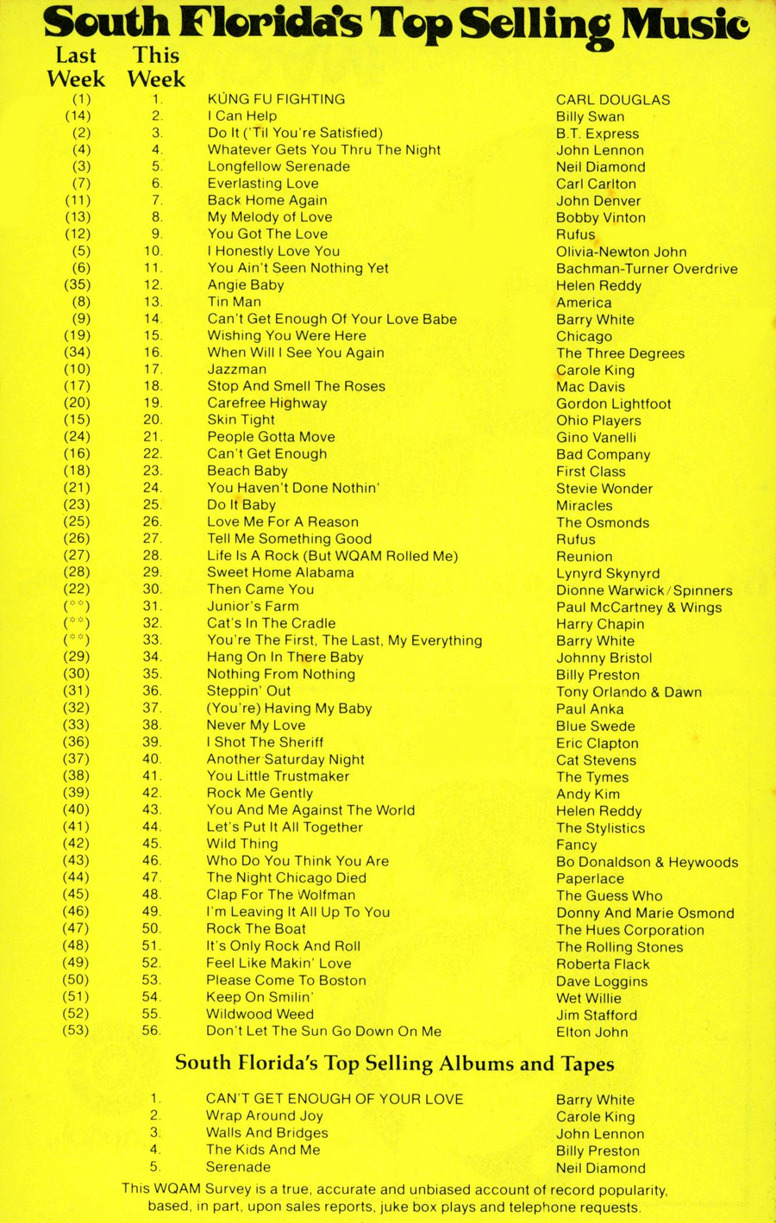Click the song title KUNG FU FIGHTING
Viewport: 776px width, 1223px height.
276,99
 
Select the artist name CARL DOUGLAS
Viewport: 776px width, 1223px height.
612,100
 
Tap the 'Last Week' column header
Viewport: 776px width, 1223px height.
76,67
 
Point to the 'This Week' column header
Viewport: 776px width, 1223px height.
156,67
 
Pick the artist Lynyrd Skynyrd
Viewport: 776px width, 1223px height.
608,573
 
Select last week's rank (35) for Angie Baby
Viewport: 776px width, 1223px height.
77,284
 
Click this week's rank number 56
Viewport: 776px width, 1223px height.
152,1031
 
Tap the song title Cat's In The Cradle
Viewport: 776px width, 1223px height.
271,623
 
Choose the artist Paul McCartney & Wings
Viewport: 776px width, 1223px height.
639,608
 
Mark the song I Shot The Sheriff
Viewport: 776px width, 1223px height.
265,742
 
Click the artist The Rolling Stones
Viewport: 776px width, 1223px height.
619,947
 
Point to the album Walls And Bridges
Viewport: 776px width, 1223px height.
266,1133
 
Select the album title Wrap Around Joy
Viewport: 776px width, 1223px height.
264,1115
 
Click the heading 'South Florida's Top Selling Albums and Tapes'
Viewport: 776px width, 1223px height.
395,1064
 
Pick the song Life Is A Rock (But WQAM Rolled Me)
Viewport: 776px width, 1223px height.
332,556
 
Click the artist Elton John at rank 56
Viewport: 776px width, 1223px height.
591,1032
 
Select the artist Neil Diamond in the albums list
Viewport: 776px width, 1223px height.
600,1168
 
